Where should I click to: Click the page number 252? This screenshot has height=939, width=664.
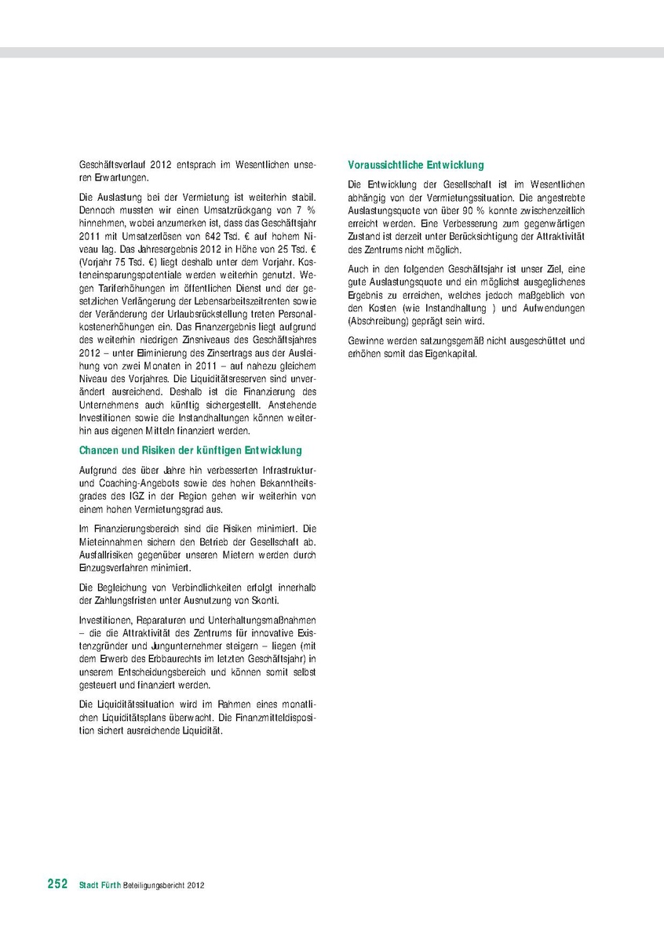click(x=57, y=884)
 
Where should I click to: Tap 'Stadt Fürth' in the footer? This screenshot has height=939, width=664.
click(x=99, y=885)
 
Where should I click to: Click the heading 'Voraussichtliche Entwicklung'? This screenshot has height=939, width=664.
click(x=416, y=166)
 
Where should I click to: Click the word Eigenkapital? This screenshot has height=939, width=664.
click(x=447, y=354)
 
